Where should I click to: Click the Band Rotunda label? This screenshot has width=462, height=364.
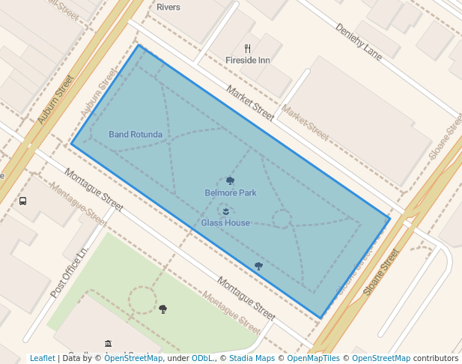136,135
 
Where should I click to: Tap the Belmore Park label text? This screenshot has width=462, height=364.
231,193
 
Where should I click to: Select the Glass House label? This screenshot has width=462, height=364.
225,223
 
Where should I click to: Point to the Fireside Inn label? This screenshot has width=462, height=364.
248,60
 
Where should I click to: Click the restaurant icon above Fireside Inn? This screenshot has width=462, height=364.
248,49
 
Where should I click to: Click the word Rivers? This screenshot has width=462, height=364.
168,7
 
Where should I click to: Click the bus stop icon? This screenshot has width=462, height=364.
23,201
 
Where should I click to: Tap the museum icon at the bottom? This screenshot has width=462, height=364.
108,343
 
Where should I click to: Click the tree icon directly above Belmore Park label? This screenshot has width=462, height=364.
230,181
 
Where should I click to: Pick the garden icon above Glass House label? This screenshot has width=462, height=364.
225,211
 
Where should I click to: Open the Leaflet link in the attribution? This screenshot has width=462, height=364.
42,358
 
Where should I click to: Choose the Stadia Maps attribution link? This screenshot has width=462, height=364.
251,358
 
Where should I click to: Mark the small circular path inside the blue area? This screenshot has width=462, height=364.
282,219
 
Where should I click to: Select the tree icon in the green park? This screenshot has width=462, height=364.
162,309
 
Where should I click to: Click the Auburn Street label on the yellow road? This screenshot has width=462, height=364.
56,99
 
